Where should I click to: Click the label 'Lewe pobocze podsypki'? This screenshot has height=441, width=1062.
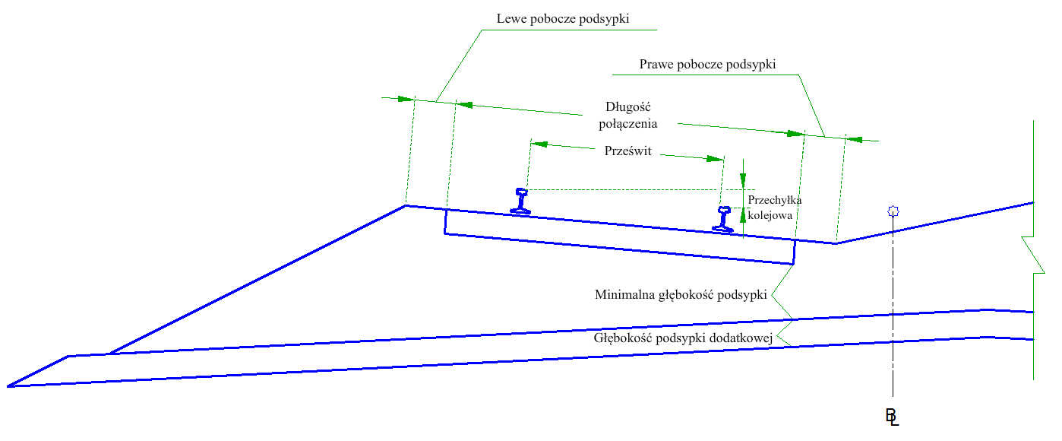(x=563, y=19)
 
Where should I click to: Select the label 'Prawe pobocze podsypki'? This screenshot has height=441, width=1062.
(x=707, y=65)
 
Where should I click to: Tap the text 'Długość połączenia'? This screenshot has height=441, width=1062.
(x=627, y=116)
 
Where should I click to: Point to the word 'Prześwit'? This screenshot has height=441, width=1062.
(x=627, y=151)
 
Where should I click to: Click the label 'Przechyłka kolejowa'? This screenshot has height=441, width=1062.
(x=775, y=208)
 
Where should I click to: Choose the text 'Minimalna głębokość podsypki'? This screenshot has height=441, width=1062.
(x=681, y=295)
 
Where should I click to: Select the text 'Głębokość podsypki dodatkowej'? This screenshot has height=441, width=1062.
(x=683, y=338)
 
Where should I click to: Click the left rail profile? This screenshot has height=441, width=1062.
(x=520, y=201)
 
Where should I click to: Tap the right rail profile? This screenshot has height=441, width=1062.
(x=723, y=219)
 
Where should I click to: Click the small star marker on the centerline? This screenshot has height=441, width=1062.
(x=893, y=211)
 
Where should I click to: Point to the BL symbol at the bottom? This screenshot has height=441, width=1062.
(x=893, y=417)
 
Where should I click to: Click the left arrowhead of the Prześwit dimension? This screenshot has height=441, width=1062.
(x=539, y=144)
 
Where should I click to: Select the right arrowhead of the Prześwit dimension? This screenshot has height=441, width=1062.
(x=715, y=159)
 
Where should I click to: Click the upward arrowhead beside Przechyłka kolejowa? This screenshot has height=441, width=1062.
(x=743, y=216)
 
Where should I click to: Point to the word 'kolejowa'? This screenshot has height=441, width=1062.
(x=770, y=215)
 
